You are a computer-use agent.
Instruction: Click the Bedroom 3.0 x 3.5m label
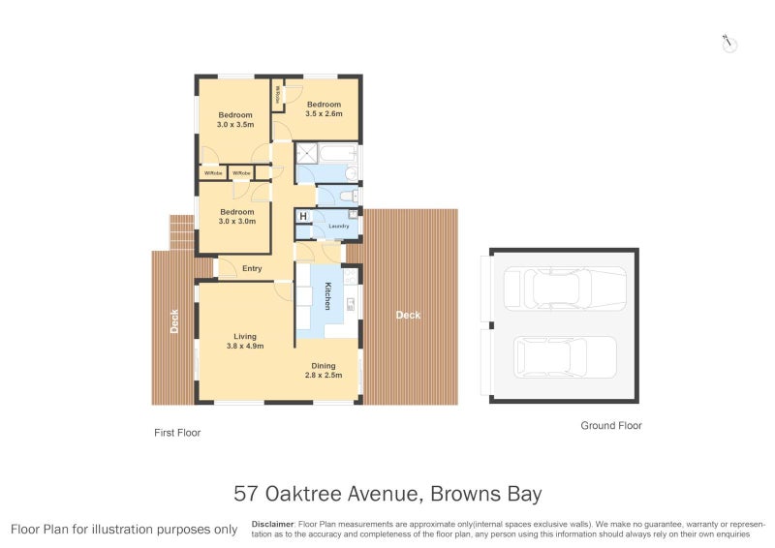(235, 119)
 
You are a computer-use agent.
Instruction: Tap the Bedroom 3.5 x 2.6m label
(324, 109)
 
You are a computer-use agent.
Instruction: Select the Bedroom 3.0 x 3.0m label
(236, 216)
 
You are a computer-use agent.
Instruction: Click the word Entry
(252, 268)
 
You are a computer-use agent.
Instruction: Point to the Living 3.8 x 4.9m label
(244, 342)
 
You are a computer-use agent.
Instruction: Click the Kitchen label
(327, 295)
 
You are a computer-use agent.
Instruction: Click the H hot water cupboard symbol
(303, 216)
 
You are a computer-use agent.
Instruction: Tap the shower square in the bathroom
(307, 152)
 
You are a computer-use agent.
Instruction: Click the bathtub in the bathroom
(338, 152)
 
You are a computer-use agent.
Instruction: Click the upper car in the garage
(565, 289)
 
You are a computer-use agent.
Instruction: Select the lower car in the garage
(565, 355)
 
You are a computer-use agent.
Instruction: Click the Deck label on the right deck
(408, 315)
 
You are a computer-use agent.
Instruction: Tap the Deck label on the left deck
(174, 320)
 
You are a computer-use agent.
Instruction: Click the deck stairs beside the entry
(181, 232)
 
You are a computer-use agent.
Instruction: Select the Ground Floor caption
(610, 425)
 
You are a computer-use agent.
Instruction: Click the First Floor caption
(178, 433)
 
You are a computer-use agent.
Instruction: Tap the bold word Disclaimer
(273, 523)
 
